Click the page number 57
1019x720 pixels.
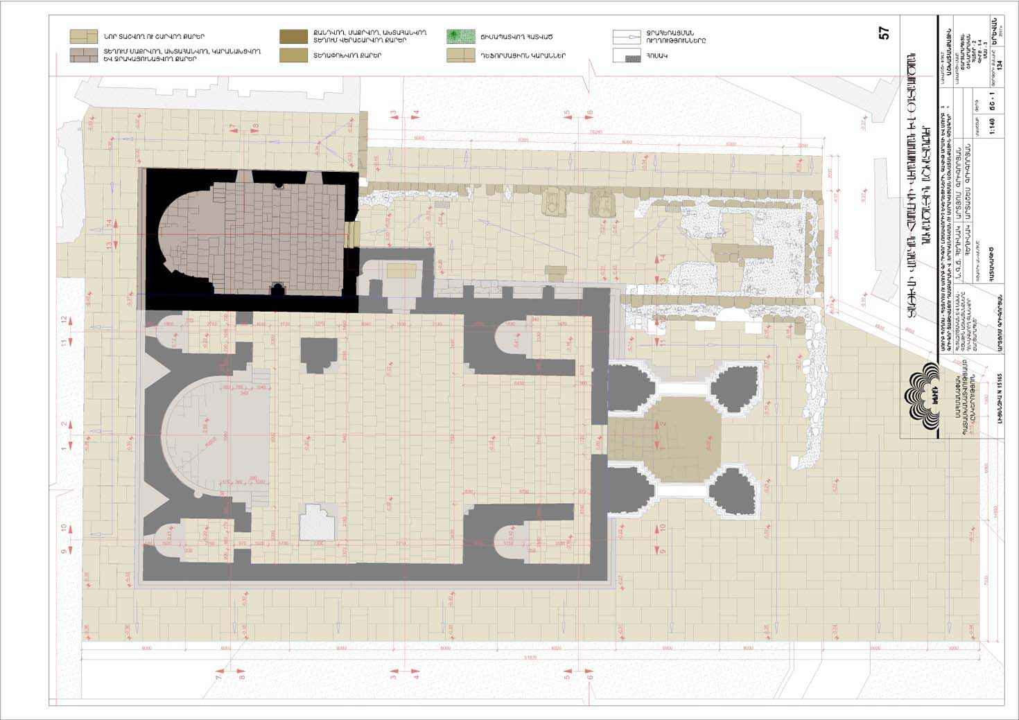click(884, 33)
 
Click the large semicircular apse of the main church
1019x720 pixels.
click(208, 437)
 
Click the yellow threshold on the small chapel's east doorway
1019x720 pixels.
click(354, 234)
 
